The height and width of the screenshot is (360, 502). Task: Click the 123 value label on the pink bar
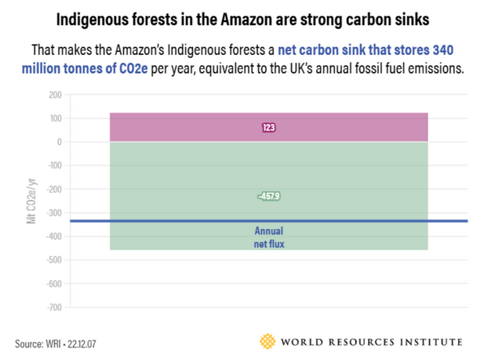click(269, 127)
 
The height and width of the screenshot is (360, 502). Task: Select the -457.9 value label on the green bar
click(269, 196)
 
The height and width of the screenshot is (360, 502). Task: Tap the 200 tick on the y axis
click(54, 95)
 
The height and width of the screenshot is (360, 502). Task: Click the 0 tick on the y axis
click(58, 142)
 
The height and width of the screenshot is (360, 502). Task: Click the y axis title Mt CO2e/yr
click(32, 201)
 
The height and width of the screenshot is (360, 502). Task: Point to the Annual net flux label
click(268, 238)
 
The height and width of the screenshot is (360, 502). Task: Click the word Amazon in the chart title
click(265, 17)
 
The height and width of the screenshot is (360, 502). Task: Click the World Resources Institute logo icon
click(268, 342)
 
